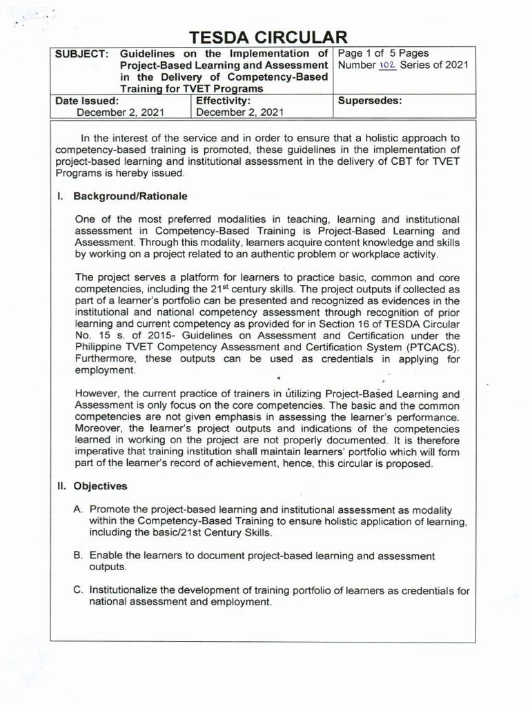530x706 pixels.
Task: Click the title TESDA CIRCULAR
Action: tap(265, 37)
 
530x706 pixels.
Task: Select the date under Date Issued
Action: tap(120, 112)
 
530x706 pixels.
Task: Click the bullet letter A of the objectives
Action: tap(79, 510)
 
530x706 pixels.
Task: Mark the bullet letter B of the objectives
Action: tap(79, 556)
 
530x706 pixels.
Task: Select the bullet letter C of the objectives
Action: tap(79, 590)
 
